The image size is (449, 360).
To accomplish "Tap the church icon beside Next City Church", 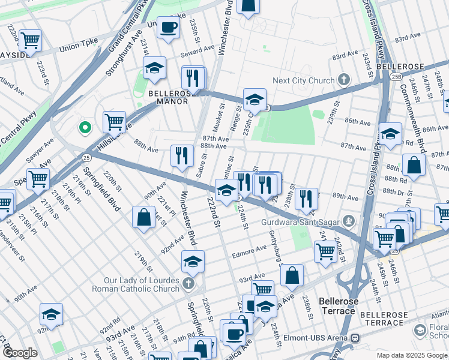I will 344,80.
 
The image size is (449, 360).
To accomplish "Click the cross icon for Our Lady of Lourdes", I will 188,283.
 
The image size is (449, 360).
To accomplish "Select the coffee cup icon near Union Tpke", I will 169,27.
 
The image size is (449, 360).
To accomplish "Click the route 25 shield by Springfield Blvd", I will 86,157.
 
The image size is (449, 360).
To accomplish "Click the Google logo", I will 20,353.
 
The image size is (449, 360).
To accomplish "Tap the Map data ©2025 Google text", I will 411,355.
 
